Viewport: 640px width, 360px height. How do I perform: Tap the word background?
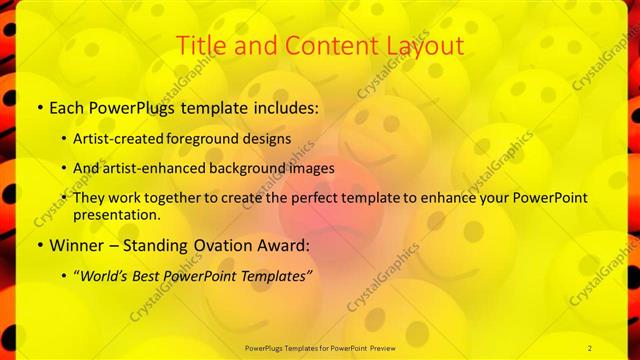(x=248, y=168)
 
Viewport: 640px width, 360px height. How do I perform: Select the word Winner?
(x=75, y=245)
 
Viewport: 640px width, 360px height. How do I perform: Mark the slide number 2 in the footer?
(x=589, y=347)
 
